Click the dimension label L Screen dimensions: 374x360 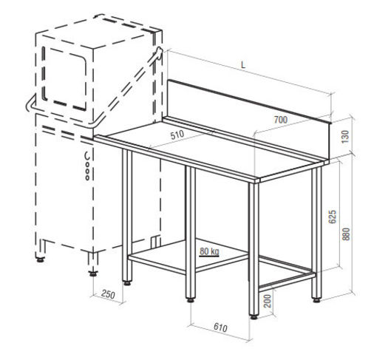(x=243, y=65)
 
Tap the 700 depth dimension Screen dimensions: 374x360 (x=281, y=120)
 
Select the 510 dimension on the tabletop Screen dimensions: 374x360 (x=177, y=135)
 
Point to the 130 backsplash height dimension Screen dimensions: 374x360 (x=346, y=137)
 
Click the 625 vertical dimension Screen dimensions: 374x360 (x=333, y=217)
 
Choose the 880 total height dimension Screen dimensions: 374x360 (x=346, y=234)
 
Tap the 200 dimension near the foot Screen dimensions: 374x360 (x=268, y=301)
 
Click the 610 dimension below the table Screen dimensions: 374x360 (x=220, y=327)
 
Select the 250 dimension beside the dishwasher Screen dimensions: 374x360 (x=108, y=294)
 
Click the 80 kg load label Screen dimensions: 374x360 (x=209, y=251)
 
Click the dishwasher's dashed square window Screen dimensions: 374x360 (x=64, y=78)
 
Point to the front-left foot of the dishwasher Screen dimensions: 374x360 (x=40, y=259)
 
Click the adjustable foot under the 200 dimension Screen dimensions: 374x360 (x=254, y=317)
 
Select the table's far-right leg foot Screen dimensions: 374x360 (x=316, y=300)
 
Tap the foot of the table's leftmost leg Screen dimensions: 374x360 (x=127, y=283)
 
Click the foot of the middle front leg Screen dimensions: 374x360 (x=191, y=300)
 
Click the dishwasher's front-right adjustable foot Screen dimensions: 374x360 (x=93, y=274)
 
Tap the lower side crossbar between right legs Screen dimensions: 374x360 (x=288, y=281)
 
